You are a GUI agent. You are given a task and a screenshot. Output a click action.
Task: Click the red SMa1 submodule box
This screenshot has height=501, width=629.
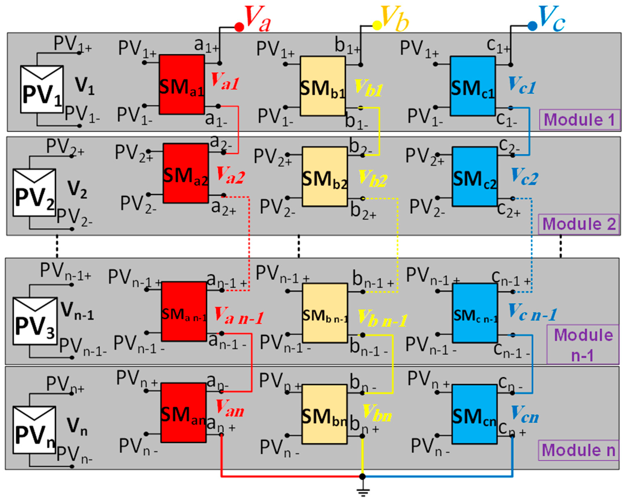tap(181, 84)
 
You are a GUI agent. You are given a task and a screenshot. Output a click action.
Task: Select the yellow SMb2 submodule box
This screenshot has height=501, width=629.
tap(324, 177)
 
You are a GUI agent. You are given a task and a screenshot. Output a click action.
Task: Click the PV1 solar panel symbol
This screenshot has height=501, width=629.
tap(42, 89)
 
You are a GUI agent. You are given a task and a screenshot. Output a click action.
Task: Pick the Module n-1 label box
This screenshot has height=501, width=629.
tap(583, 344)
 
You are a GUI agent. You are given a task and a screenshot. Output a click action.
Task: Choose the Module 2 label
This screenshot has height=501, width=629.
tap(579, 224)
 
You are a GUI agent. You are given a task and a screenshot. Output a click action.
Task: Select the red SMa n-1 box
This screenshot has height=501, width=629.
tap(184, 311)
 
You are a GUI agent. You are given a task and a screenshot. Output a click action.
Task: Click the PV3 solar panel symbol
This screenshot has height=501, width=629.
tap(35, 321)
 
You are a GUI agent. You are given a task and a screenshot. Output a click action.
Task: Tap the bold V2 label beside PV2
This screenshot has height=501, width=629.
tap(77, 189)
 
